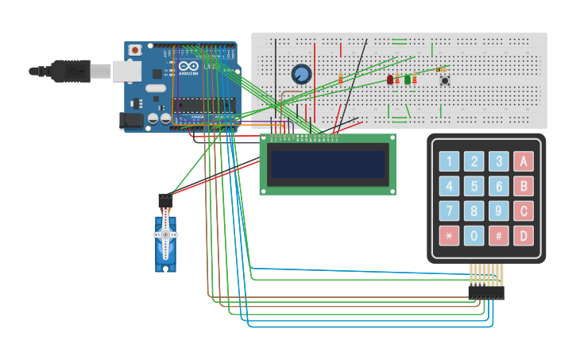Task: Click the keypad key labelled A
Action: click(x=523, y=162)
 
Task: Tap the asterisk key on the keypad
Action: click(x=450, y=236)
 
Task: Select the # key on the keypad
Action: click(x=499, y=236)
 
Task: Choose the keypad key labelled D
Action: click(x=523, y=236)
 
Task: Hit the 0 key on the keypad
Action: click(x=474, y=236)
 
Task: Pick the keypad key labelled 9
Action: click(x=499, y=211)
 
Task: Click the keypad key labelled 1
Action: click(x=450, y=162)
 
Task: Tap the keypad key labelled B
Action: click(x=523, y=187)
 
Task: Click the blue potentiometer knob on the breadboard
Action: click(x=300, y=75)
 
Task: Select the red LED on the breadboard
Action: click(x=390, y=79)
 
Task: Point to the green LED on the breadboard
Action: click(x=408, y=79)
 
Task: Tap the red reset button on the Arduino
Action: click(x=135, y=50)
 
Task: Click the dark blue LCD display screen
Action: click(x=328, y=165)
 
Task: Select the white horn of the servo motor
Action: click(x=165, y=235)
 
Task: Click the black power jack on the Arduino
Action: click(x=131, y=120)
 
